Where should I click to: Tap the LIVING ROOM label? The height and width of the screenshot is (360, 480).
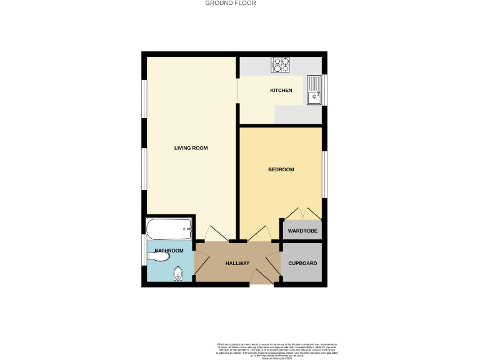[191, 148]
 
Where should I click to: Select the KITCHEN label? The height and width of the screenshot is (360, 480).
[281, 91]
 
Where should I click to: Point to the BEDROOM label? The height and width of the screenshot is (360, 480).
[281, 169]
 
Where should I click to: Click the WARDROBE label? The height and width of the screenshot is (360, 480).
[302, 231]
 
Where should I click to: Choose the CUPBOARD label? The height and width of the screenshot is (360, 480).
[302, 263]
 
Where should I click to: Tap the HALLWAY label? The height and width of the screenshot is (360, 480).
[237, 263]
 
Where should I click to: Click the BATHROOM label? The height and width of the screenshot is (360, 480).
[169, 251]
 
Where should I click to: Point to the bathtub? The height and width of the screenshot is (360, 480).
[169, 229]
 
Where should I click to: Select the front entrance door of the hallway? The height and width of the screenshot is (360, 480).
[261, 276]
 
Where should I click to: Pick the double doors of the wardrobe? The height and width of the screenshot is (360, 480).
[302, 212]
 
